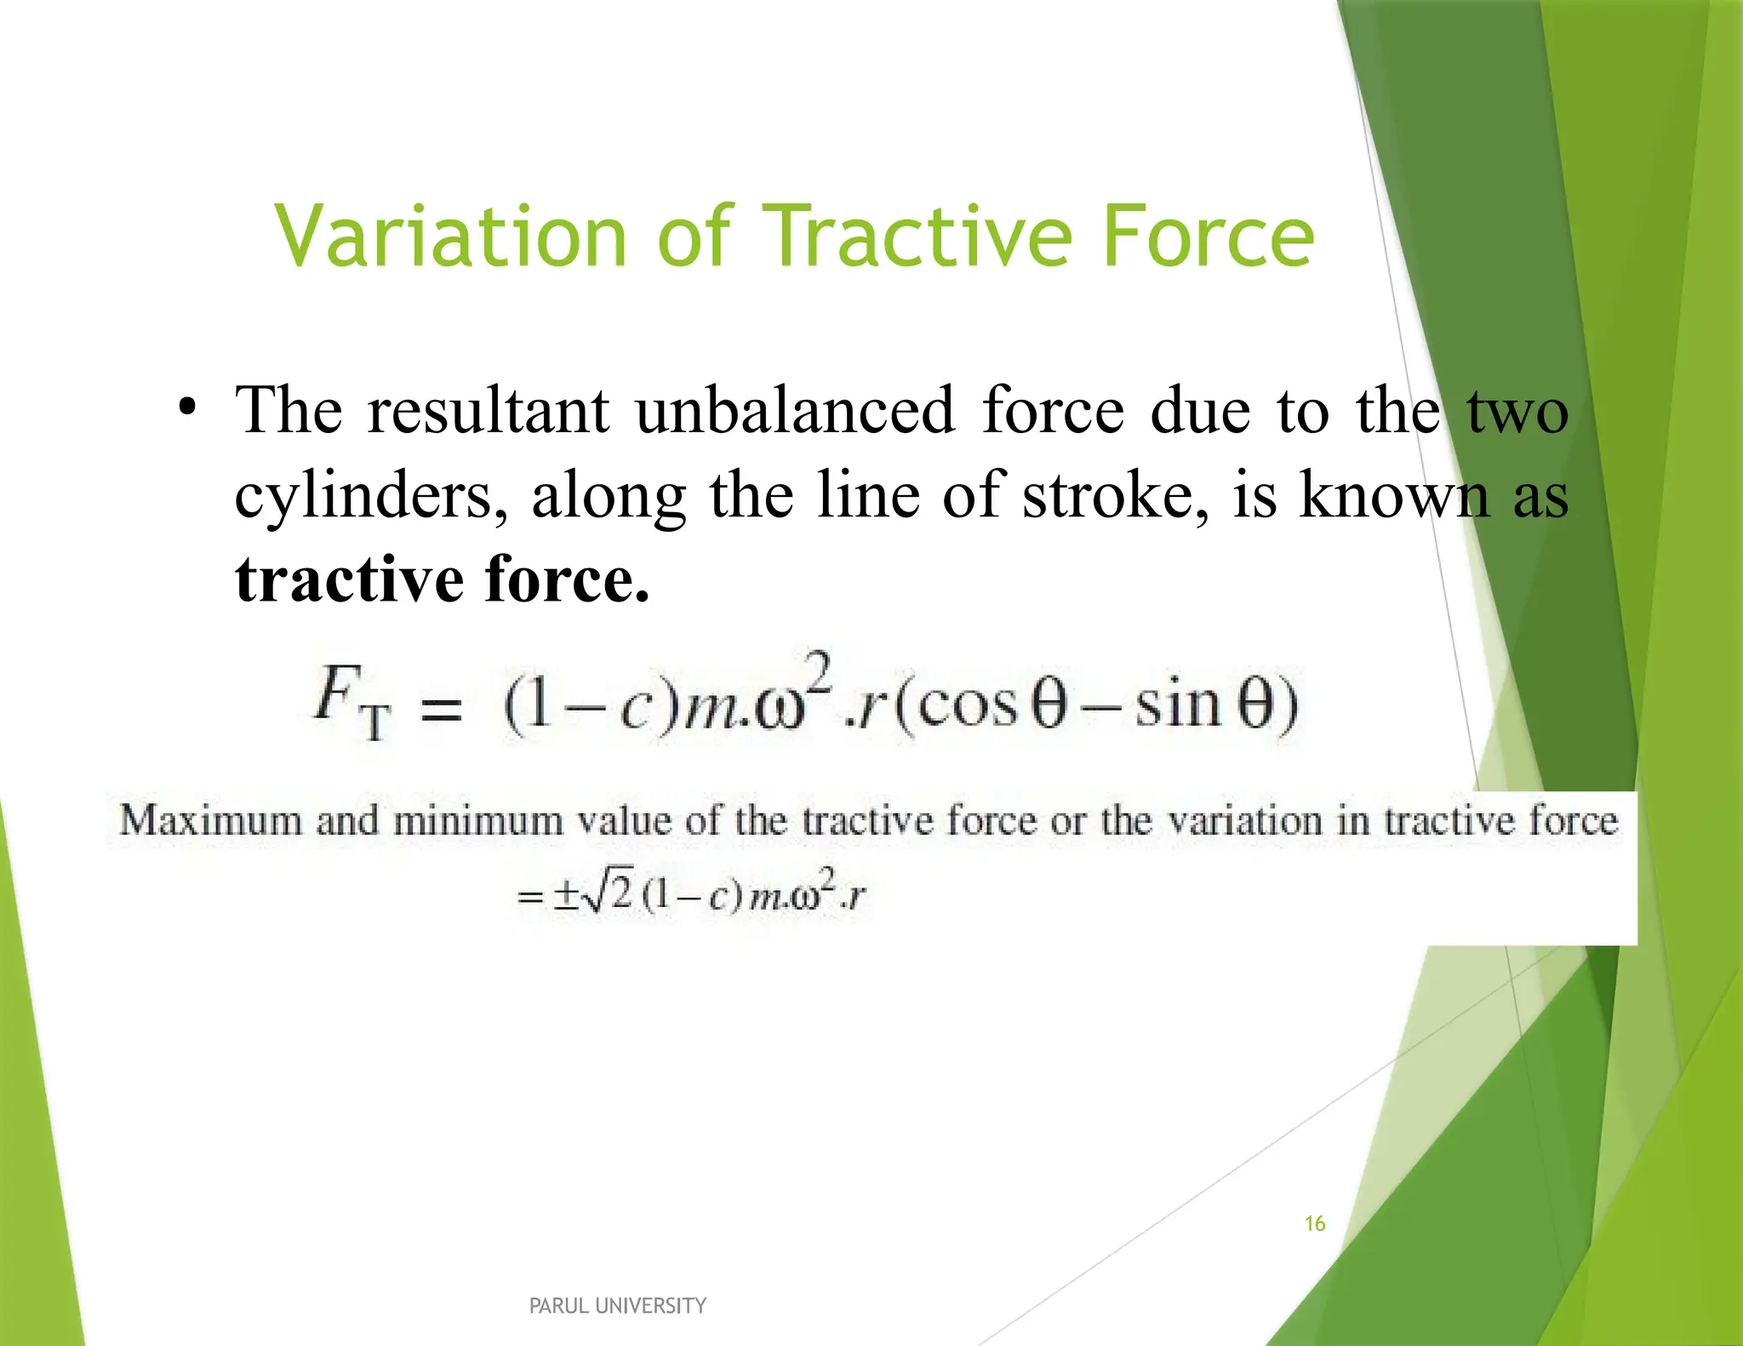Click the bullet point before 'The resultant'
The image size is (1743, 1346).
point(188,407)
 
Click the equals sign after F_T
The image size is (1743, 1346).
point(442,710)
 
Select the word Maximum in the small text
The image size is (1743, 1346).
point(210,821)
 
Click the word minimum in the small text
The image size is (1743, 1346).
point(477,821)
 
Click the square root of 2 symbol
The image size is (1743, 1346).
point(609,894)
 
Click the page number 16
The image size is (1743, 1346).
point(1315,1223)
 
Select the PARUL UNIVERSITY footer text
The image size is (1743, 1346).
point(618,1305)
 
